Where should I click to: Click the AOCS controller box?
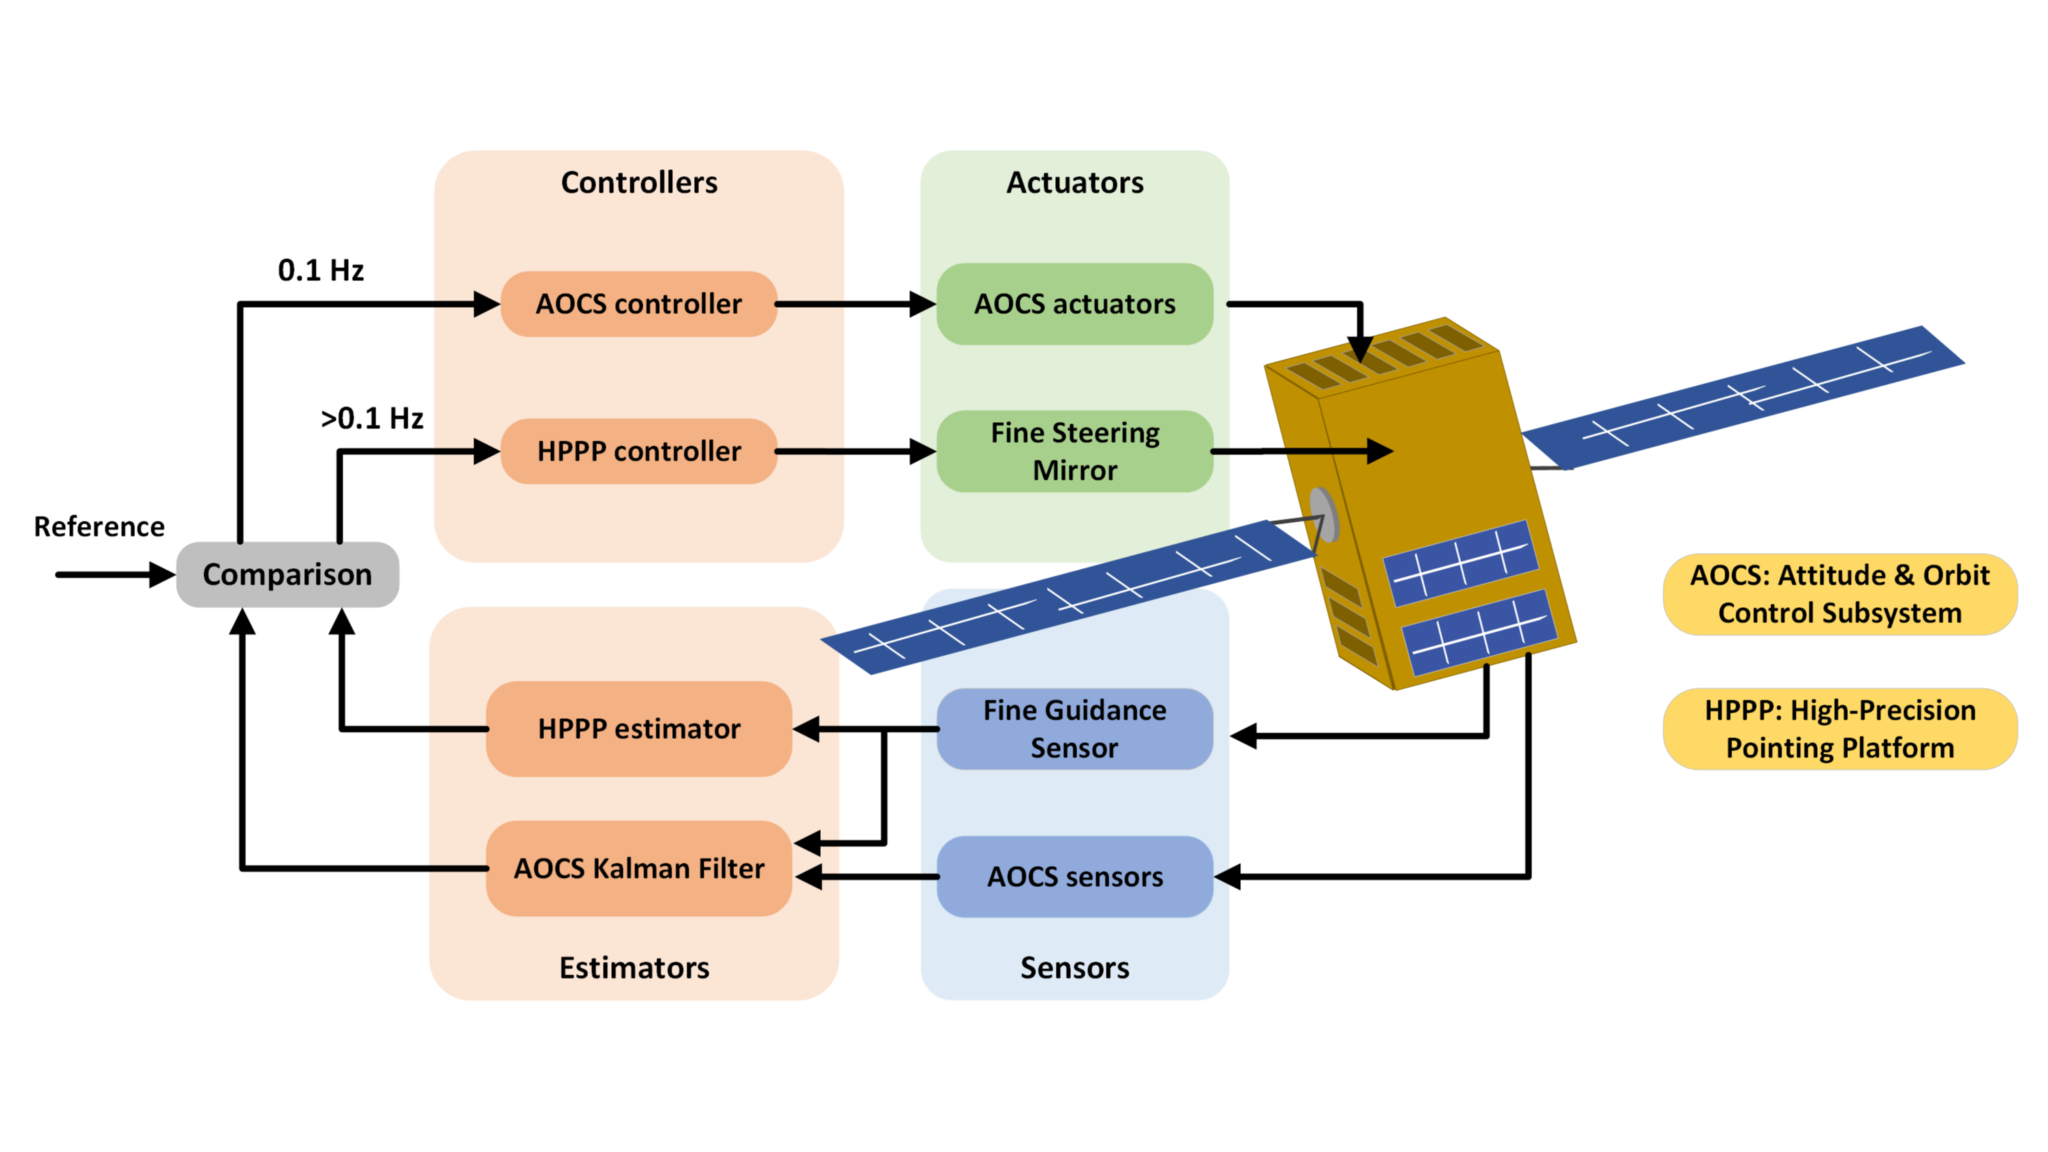click(639, 304)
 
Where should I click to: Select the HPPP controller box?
click(639, 451)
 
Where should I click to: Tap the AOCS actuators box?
click(1074, 304)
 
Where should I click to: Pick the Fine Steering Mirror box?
click(1074, 451)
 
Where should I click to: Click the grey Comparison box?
click(287, 574)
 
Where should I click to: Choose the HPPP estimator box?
click(639, 728)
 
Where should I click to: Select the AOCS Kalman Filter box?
click(639, 868)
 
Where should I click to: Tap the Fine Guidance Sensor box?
click(1074, 728)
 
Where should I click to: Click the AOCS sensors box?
click(1074, 876)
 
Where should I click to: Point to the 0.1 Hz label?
click(321, 270)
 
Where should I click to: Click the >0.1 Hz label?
click(371, 418)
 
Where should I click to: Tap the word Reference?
click(99, 526)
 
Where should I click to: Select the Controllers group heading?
click(639, 183)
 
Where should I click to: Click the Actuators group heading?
click(1074, 183)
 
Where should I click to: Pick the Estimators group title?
click(634, 968)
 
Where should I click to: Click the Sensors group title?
click(1074, 968)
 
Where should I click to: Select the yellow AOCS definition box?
click(1839, 594)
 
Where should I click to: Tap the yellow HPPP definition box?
click(1839, 728)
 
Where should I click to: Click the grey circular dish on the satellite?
click(1323, 515)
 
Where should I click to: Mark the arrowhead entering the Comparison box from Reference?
click(162, 574)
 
